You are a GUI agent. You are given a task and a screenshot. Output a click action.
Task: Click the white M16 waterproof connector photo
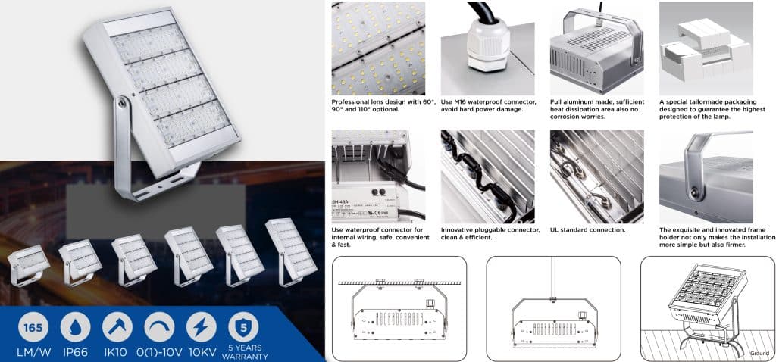(x=487, y=48)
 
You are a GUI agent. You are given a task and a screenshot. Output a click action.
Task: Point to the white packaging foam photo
(x=705, y=48)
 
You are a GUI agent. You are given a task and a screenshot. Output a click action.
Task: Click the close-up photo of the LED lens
(x=378, y=48)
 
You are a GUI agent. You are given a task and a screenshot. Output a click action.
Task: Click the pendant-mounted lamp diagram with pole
(x=552, y=307)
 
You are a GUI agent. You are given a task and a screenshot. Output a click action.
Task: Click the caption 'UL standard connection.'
(x=587, y=229)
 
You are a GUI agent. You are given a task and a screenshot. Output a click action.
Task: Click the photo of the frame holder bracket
(x=705, y=176)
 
